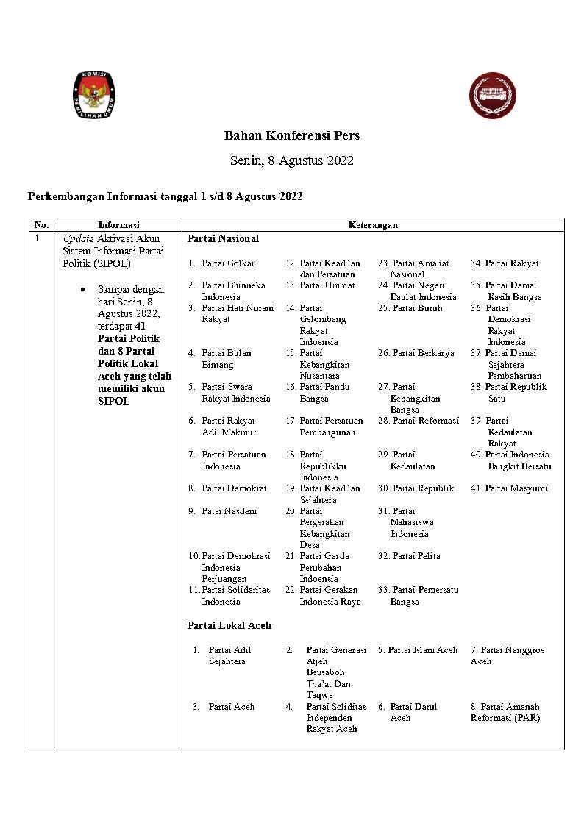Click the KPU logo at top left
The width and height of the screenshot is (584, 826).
[x=96, y=96]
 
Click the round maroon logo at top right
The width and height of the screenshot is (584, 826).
[x=492, y=96]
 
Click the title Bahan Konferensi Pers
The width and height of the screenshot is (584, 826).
[x=292, y=136]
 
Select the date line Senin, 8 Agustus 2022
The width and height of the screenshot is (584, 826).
[x=292, y=160]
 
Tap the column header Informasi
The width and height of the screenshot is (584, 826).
[x=119, y=225]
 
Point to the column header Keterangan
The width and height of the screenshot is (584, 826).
[x=373, y=225]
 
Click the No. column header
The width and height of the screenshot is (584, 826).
[x=42, y=225]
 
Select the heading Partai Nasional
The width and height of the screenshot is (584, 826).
[x=223, y=239]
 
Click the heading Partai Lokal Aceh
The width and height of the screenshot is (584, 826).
[x=229, y=625]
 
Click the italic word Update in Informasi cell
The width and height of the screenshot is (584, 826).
[x=77, y=239]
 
